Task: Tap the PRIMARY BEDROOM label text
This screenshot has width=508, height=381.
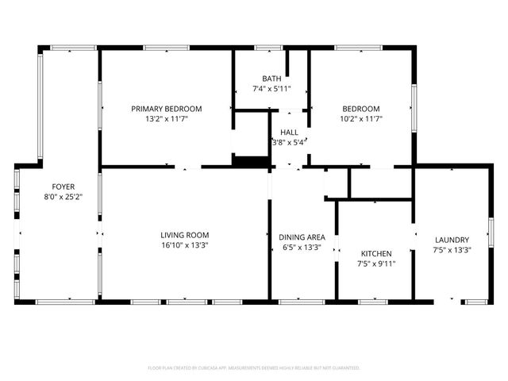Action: [x=166, y=109]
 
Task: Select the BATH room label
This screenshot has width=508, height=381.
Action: [x=271, y=79]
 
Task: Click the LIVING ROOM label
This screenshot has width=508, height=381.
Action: [x=184, y=235]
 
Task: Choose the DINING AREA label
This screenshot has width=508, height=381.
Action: [x=302, y=237]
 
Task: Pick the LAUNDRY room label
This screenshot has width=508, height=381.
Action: [x=452, y=240]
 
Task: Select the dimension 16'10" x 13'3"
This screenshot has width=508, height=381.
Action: [x=184, y=245]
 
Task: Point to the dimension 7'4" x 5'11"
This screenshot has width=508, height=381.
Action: [x=271, y=89]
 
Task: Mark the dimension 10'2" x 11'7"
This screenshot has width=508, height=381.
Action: [x=361, y=119]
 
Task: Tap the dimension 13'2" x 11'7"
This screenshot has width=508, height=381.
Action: [x=166, y=119]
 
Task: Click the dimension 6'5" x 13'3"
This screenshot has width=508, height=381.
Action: [x=302, y=247]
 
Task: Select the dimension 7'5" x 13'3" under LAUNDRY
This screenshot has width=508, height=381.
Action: [x=452, y=250]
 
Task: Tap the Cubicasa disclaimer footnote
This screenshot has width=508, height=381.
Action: [x=254, y=368]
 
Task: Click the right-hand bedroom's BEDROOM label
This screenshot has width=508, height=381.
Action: [x=361, y=109]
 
